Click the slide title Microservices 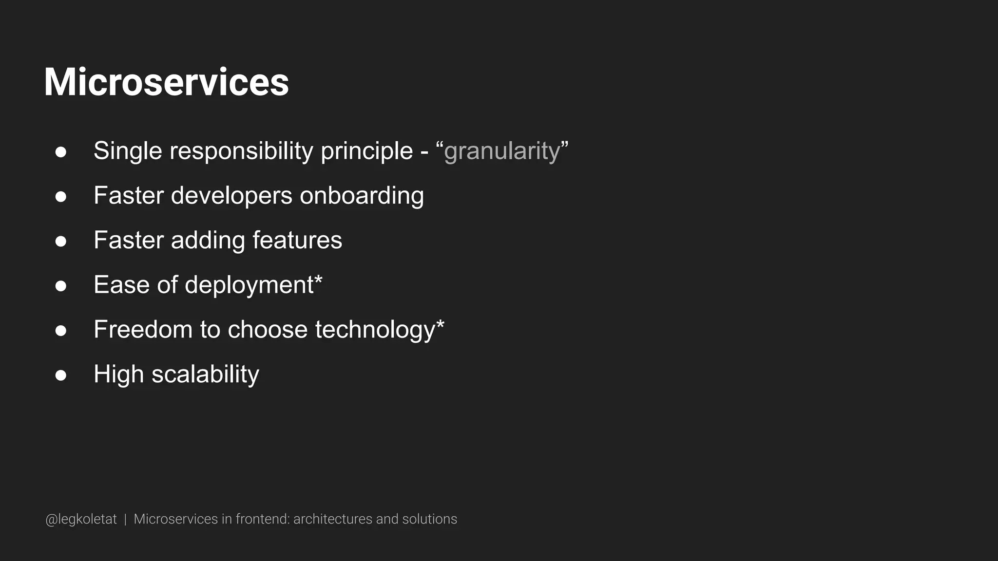(x=166, y=82)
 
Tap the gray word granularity (x=502, y=151)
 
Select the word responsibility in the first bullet (x=241, y=151)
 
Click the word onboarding (x=362, y=196)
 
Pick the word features (x=297, y=240)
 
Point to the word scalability (x=205, y=374)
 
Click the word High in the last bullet (x=118, y=374)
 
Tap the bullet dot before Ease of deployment (x=61, y=286)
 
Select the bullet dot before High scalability (x=61, y=375)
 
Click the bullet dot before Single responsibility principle (x=61, y=152)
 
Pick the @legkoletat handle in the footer (x=81, y=519)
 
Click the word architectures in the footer (x=332, y=519)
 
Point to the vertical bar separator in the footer (x=125, y=519)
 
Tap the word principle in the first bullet (x=366, y=151)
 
